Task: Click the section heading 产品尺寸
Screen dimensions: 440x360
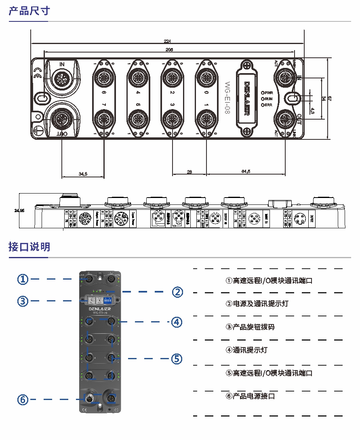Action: tap(29, 11)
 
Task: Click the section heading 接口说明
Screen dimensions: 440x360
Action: tap(29, 246)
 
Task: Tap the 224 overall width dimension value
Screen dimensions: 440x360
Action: tap(167, 41)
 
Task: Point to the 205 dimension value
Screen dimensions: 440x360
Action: tap(169, 50)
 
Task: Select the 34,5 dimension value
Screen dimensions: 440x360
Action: tap(83, 174)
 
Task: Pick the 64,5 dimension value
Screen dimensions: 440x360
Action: tap(246, 172)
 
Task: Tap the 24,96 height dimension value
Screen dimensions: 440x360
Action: tap(19, 211)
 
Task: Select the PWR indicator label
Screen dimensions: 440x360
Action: tap(269, 93)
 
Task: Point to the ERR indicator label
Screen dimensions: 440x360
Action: tap(269, 105)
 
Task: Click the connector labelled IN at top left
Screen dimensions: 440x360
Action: tap(62, 76)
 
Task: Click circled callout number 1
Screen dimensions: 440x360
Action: tap(23, 279)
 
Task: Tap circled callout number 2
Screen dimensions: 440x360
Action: tap(177, 292)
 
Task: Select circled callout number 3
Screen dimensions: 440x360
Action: tap(23, 301)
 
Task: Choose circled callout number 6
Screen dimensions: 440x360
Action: tap(23, 400)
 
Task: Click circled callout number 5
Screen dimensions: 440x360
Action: tap(177, 358)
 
